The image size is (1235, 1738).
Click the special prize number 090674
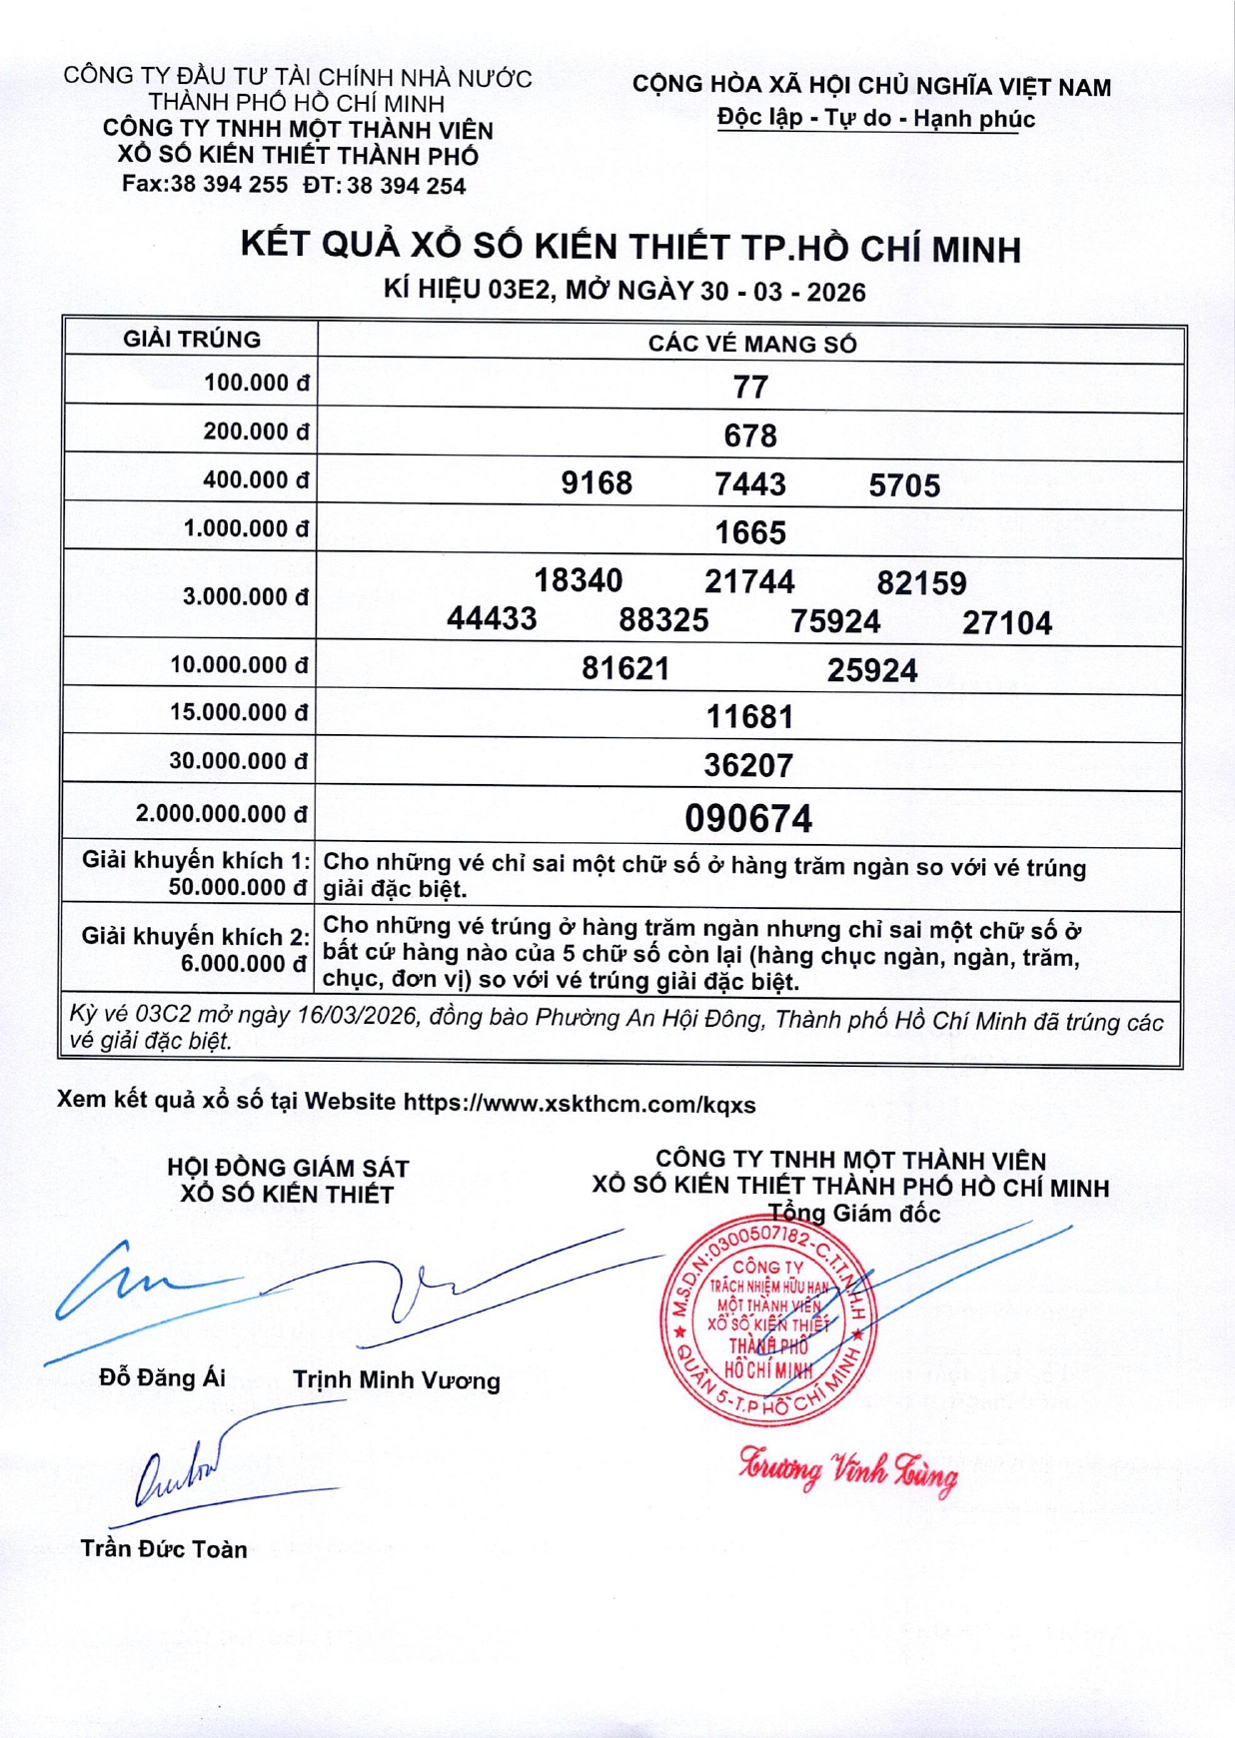748,819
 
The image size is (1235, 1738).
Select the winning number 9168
597,483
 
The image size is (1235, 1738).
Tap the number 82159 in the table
921,583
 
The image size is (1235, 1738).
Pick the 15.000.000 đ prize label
239,713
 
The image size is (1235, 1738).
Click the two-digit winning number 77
750,387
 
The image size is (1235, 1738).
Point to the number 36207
748,766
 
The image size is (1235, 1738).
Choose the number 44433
492,619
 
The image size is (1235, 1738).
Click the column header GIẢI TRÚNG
192,340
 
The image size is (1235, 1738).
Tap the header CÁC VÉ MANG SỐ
752,345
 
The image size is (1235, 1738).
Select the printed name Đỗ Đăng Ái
163,1378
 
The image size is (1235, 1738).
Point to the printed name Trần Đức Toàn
164,1549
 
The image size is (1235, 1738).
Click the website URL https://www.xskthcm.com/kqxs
580,1104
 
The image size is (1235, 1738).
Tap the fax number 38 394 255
229,185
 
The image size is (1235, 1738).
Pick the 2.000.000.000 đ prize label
222,814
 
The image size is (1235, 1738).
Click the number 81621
625,668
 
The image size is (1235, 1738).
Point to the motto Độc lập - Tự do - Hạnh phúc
875,119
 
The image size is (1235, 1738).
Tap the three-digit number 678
750,435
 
